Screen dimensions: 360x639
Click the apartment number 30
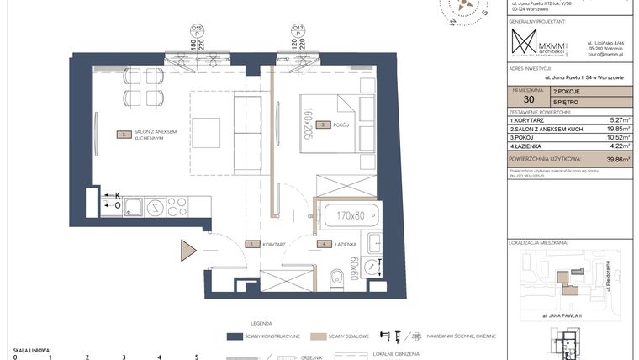pyautogui.click(x=527, y=98)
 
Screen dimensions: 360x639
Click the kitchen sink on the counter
pyautogui.click(x=155, y=206)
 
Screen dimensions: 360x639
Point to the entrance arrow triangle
pyautogui.click(x=187, y=251)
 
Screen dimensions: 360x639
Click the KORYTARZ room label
pyautogui.click(x=274, y=244)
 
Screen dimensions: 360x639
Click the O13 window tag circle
pyautogui.click(x=298, y=29)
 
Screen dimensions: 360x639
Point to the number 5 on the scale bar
pyautogui.click(x=196, y=357)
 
